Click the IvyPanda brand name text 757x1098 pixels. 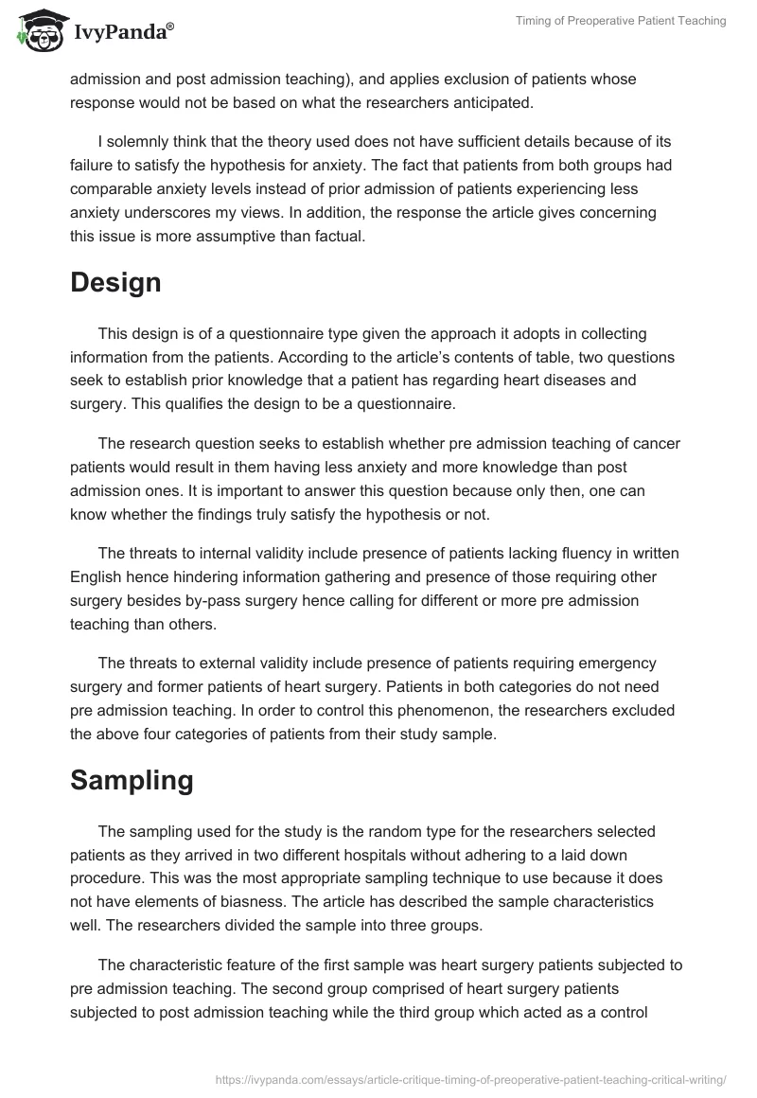[123, 33]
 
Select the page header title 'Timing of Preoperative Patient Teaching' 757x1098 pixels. [621, 21]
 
